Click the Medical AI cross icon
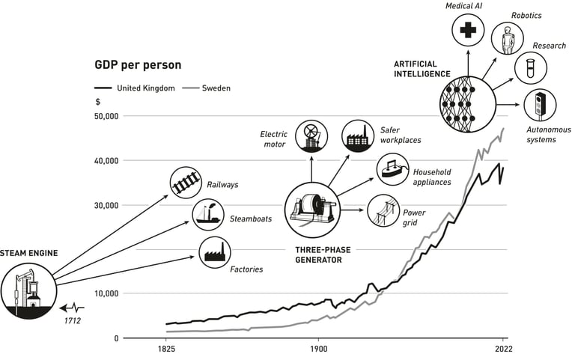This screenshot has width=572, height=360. coord(468,30)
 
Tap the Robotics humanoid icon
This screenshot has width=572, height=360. coord(507,39)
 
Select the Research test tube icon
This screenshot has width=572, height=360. coord(530,68)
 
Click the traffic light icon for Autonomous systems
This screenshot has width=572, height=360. coord(540,105)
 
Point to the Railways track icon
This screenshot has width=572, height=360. coord(186,183)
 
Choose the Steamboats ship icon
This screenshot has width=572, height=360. coord(208,215)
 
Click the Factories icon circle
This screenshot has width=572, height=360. coord(215,252)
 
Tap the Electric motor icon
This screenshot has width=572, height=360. coord(311,137)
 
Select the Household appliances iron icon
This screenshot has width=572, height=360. coord(392,169)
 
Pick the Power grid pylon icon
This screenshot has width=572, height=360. coord(383,210)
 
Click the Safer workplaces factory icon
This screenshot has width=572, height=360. coord(358,136)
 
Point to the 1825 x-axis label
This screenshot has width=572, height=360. coord(166,349)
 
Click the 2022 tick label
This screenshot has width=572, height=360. coord(504,349)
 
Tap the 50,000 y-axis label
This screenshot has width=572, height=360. coord(106,116)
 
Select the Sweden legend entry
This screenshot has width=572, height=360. coord(207,88)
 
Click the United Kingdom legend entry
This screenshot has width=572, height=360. coord(135,88)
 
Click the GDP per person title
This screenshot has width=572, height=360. coord(138,65)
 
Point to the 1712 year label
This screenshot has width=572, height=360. coord(73,321)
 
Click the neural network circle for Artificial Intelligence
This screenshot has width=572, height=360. coord(468,104)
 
